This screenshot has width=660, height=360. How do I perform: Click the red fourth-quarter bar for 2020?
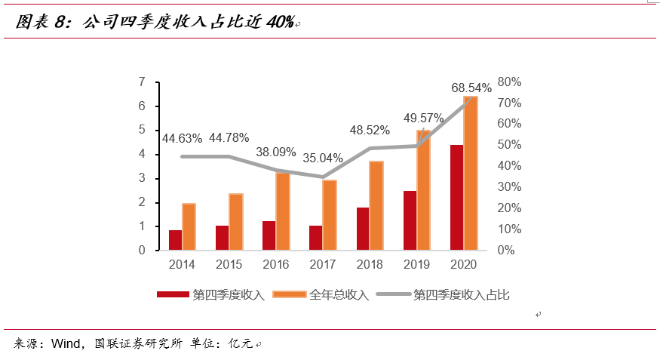point(456,197)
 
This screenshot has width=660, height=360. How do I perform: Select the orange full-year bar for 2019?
point(423,189)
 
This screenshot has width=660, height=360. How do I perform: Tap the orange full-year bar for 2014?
point(189,226)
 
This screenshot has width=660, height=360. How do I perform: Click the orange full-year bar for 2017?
point(330,214)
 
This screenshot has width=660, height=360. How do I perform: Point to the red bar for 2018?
point(362,228)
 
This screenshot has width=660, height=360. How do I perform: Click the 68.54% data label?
point(471,88)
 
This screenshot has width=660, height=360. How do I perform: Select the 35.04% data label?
point(324,158)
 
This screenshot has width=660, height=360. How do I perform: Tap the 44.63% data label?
point(182,138)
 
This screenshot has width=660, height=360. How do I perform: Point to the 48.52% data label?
point(370,130)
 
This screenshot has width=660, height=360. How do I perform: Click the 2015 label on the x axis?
point(229,264)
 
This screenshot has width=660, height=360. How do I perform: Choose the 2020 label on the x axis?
point(462,264)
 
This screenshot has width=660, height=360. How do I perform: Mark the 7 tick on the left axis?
point(142,82)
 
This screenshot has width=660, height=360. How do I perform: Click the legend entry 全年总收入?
point(339,295)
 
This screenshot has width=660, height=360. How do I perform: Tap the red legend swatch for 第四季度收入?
point(173,295)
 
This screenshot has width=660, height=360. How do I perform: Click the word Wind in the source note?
point(66,344)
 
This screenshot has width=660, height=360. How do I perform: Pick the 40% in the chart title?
point(280,23)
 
